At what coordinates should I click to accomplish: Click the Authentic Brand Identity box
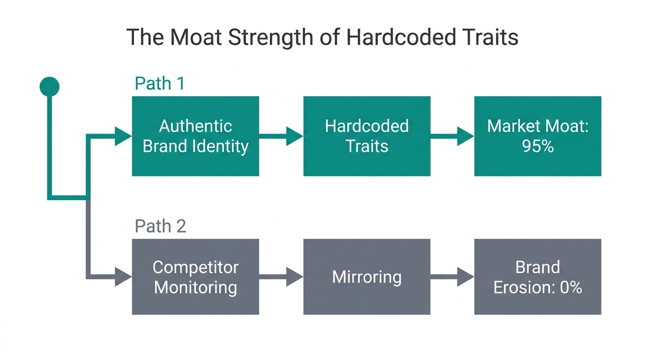[195, 136]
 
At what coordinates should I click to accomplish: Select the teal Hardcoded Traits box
[367, 136]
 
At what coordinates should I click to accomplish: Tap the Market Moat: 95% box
[537, 136]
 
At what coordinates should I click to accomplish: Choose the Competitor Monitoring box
[195, 277]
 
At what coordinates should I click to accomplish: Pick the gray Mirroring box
[367, 277]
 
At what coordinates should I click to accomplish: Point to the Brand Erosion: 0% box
[537, 277]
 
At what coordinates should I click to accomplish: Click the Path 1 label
[160, 83]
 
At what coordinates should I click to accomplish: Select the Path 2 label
[160, 226]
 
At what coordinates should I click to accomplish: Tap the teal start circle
[50, 86]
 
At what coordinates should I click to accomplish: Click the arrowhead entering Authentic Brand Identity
[123, 136]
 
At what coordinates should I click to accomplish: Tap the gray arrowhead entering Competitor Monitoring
[123, 277]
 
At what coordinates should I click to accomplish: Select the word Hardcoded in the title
[400, 37]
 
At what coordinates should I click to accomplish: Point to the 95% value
[538, 146]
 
